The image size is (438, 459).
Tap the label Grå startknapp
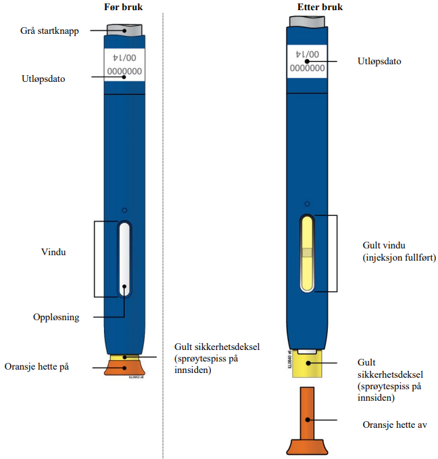(48, 30)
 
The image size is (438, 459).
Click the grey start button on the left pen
(124, 30)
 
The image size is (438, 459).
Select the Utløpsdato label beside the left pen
(43, 79)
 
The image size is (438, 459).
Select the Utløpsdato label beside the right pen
(379, 61)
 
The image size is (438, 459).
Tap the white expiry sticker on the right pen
(308, 62)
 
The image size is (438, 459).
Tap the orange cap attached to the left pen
(124, 368)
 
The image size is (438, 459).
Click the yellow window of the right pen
(308, 253)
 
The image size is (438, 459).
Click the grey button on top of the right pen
(308, 20)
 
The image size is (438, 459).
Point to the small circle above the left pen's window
(124, 210)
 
